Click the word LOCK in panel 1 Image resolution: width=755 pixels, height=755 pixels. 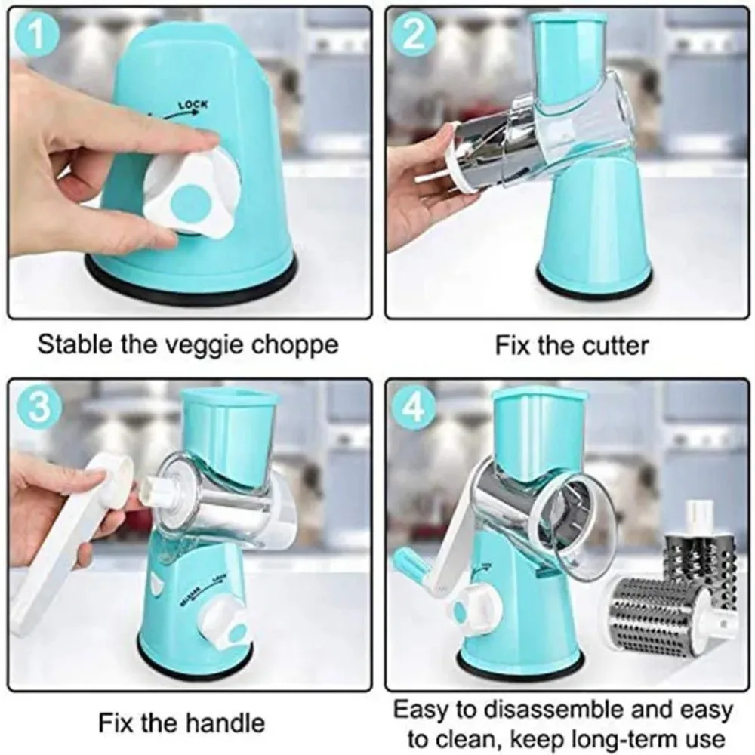click(x=192, y=105)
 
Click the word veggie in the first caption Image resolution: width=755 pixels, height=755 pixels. click(x=194, y=346)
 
